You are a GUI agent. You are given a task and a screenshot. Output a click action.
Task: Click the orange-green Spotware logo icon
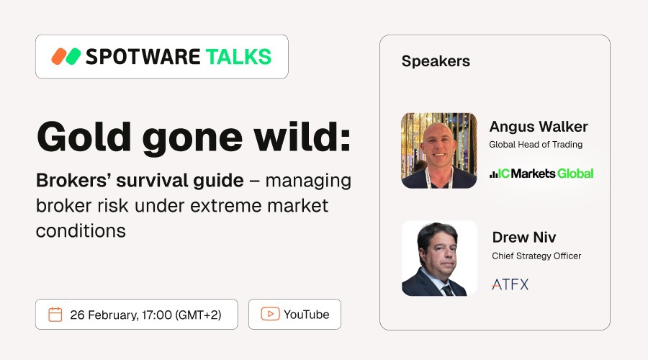coord(66,57)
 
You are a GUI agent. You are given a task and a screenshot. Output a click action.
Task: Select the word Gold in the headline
coord(78,135)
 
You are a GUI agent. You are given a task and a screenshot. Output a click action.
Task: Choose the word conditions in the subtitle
coord(81,231)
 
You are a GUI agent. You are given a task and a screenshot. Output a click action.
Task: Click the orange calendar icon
coord(55,315)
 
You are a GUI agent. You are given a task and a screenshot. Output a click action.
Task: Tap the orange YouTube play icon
coord(270,315)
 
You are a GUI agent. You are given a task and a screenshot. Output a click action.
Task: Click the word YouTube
coord(306,315)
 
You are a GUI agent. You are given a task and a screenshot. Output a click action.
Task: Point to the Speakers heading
coord(436,61)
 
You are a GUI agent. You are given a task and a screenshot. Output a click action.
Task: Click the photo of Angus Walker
coord(439,150)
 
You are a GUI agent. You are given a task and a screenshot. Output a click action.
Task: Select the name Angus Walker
coord(539,127)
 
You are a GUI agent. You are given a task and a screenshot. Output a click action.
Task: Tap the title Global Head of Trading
coord(536,145)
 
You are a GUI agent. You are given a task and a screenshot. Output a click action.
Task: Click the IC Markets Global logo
coord(541,173)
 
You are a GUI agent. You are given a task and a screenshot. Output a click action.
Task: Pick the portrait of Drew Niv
coord(439,258)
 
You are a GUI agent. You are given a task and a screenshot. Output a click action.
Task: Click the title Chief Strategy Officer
coord(536,256)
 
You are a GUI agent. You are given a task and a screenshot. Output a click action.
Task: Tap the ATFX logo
coord(510,284)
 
